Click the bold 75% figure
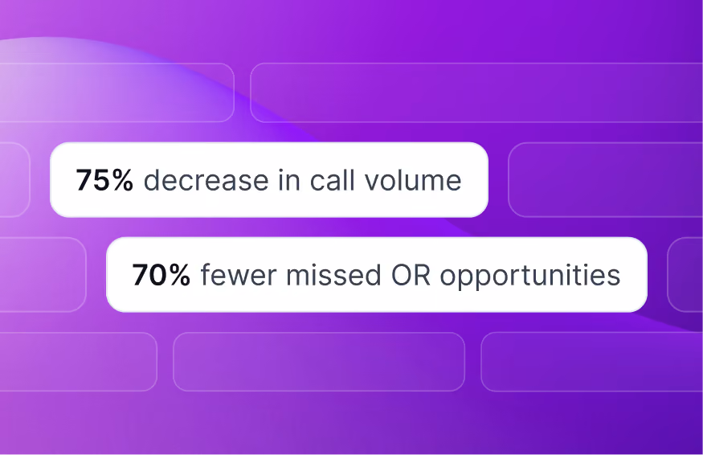pos(104,180)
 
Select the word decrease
pos(206,180)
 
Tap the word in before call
pos(288,179)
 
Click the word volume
pos(413,180)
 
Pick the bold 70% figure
pos(161,275)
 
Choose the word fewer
pos(238,275)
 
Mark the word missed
pos(333,275)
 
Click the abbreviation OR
pos(411,275)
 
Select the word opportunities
pos(530,276)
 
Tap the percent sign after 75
pos(122,180)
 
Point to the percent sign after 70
pos(179,275)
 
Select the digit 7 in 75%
pos(84,180)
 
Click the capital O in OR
pos(402,275)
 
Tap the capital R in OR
pos(423,275)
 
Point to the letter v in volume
pos(372,183)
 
